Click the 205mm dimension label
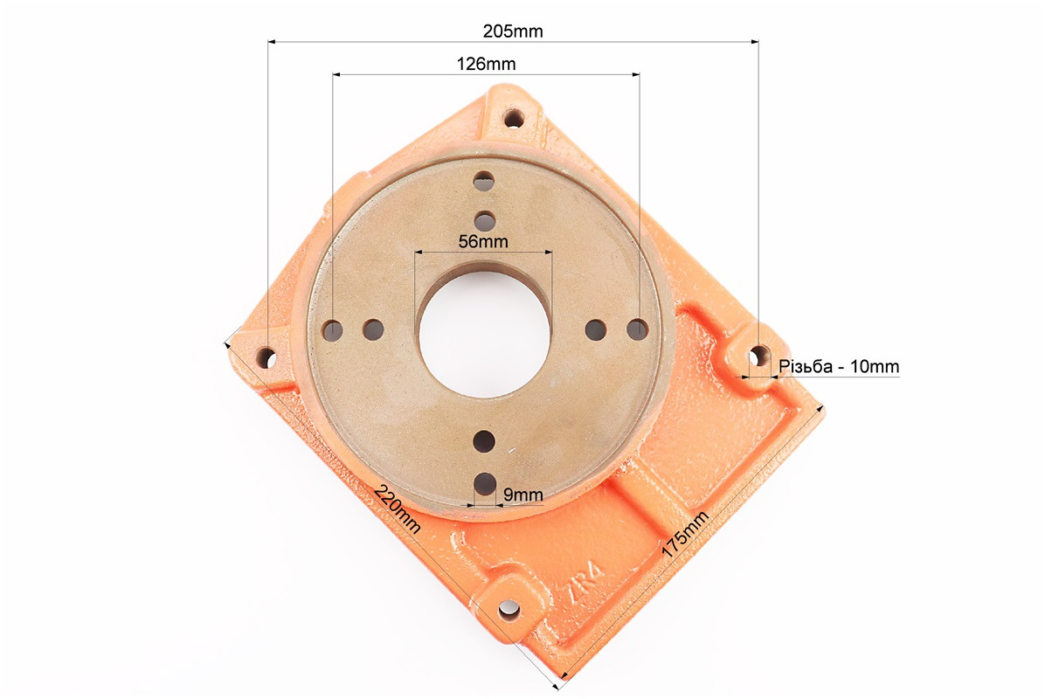click(x=513, y=31)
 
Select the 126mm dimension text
click(x=486, y=64)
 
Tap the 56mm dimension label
click(x=483, y=241)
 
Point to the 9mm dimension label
click(x=523, y=495)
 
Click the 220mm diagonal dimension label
click(x=398, y=509)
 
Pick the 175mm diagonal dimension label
click(x=685, y=535)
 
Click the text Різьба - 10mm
click(x=839, y=366)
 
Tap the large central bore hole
click(x=485, y=333)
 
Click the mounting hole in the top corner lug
click(x=514, y=120)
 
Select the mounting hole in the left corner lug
click(x=267, y=358)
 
